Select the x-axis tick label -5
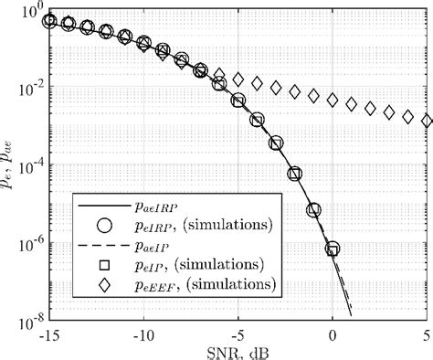pos(238,334)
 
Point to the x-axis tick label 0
pos(333,334)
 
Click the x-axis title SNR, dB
pos(238,351)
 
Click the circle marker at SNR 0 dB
pos(333,249)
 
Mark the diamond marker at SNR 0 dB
pos(333,100)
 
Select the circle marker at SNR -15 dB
pos(49,20)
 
